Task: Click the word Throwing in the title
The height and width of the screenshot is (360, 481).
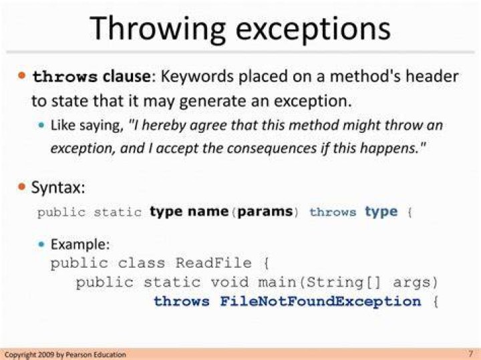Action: [158, 30]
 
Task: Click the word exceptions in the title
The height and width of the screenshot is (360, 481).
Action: [313, 29]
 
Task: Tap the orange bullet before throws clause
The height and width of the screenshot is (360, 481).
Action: [22, 75]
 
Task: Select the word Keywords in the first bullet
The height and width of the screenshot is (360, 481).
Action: [196, 75]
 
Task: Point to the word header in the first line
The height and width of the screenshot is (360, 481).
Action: [432, 75]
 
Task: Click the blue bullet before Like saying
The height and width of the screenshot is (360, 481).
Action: [41, 125]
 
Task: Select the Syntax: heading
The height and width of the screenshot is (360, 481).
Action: [58, 187]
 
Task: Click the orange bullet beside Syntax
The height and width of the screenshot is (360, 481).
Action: [22, 186]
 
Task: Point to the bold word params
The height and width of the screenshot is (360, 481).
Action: [265, 212]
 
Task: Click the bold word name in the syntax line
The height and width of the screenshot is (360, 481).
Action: [208, 211]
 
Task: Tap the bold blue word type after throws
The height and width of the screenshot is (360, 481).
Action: [381, 212]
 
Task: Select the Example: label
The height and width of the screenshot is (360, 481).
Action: [80, 244]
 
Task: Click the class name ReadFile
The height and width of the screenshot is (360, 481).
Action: [214, 262]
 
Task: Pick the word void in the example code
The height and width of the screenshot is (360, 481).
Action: [230, 282]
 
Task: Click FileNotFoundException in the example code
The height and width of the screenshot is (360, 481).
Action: [321, 301]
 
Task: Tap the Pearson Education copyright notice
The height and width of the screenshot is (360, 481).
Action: [65, 355]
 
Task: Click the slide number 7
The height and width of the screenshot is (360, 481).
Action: [471, 353]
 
